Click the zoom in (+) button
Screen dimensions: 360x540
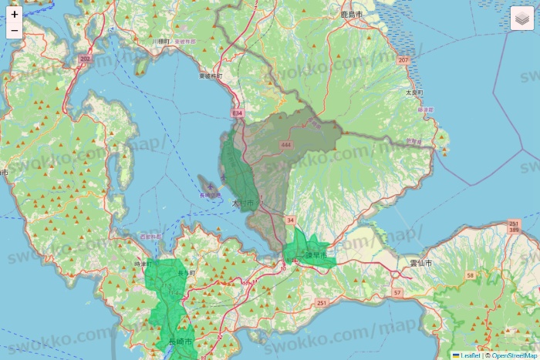tap(15, 14)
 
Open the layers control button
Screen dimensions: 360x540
tap(522, 19)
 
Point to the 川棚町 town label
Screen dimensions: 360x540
tap(161, 41)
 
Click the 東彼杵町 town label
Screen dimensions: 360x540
tap(211, 76)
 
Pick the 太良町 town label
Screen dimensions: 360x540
tap(414, 92)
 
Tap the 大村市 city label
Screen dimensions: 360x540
tap(242, 203)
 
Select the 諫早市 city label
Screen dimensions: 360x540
tap(316, 254)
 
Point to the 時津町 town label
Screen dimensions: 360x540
tap(144, 264)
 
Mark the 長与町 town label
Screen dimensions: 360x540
tap(187, 273)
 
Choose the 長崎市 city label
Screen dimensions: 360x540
tap(180, 341)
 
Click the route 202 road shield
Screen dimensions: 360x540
tap(85, 59)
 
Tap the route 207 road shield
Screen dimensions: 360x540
tap(403, 59)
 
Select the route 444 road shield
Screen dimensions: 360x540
tap(286, 144)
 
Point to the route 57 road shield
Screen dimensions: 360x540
tap(397, 294)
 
